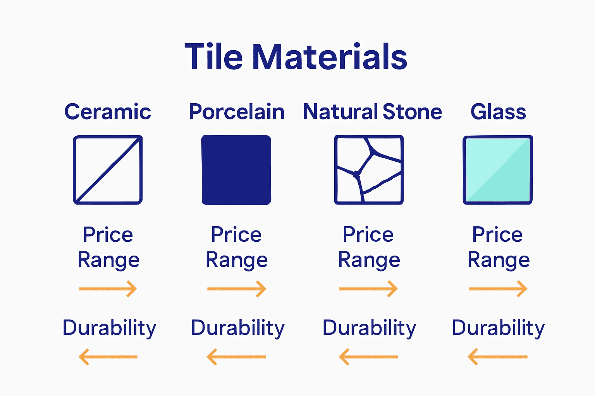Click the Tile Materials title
pos(296,57)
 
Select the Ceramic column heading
pos(108,112)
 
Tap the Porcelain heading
pos(236,112)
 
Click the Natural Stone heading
pos(372,112)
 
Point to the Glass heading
pos(498,112)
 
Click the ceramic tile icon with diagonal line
pos(108,170)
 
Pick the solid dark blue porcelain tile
pos(236,170)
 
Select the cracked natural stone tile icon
pos(369,170)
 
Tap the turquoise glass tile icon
pos(498,170)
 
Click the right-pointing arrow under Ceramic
pos(108,289)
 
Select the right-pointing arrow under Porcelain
pos(237,289)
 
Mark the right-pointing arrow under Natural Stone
pos(368,289)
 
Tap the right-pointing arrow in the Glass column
pos(498,289)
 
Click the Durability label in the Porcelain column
pos(238,328)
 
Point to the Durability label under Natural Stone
pos(369,328)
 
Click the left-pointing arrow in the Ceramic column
pos(108,357)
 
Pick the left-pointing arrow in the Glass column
pos(498,357)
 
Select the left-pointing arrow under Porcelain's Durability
pos(237,357)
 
